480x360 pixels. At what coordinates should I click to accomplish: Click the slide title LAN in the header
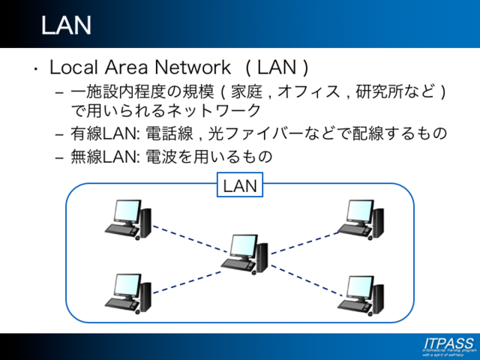(x=66, y=25)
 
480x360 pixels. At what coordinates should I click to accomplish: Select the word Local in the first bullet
(x=71, y=67)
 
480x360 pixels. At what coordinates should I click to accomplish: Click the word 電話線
(x=163, y=133)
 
